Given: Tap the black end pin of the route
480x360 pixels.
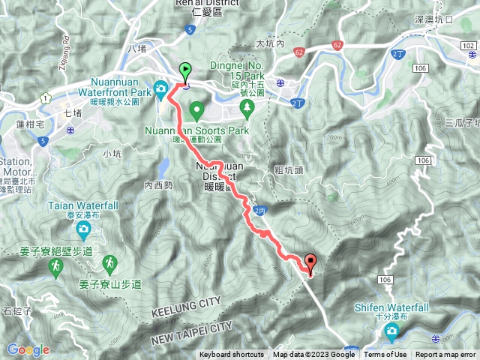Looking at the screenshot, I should click(310, 262).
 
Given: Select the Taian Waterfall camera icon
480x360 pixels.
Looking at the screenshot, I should click(84, 227).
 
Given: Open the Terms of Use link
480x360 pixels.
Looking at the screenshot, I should click(385, 355).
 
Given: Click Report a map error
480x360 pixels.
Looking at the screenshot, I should click(446, 355).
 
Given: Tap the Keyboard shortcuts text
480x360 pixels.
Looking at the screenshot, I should click(231, 355).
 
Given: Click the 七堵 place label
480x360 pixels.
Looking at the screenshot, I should click(73, 113).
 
